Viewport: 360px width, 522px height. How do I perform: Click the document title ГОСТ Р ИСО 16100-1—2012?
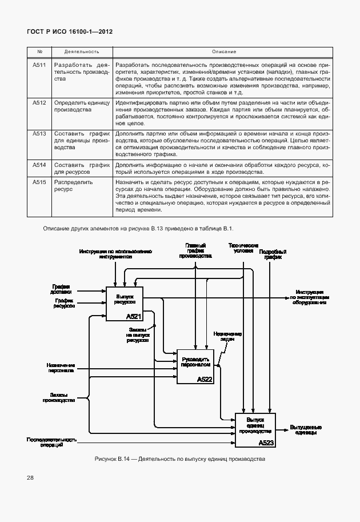(x=70, y=32)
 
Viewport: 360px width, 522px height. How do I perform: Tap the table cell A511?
(x=39, y=65)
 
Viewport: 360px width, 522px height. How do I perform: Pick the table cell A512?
(x=39, y=103)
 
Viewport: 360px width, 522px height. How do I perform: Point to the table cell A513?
(x=39, y=134)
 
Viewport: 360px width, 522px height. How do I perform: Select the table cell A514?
(x=39, y=165)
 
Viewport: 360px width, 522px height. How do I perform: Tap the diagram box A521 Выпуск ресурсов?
(x=124, y=304)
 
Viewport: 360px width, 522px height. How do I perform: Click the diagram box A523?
(x=255, y=430)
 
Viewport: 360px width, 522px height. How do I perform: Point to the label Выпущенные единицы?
(x=306, y=430)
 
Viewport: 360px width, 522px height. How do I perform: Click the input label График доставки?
(x=62, y=289)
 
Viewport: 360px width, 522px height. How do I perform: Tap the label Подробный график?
(x=273, y=254)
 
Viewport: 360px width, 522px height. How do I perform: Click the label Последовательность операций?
(x=51, y=442)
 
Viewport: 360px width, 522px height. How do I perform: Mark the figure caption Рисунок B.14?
(x=179, y=460)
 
